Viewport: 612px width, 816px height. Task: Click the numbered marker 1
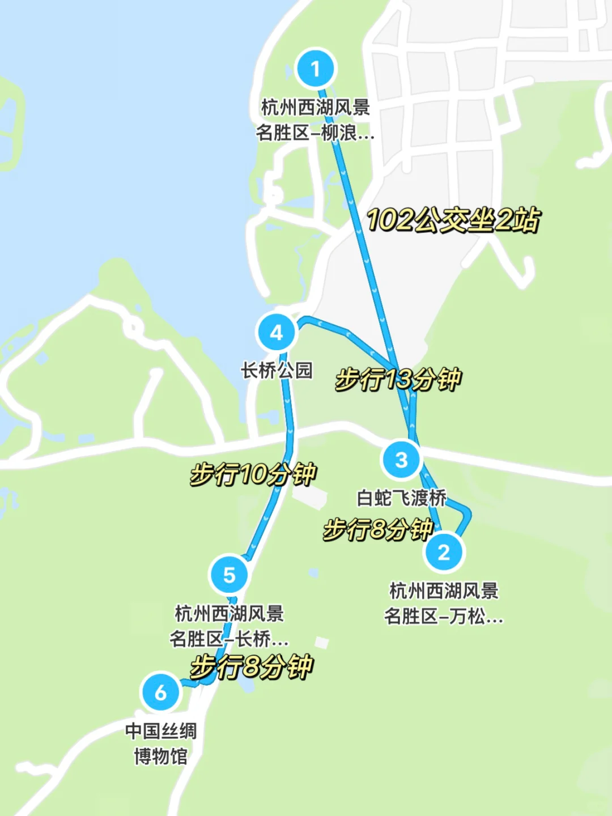(x=316, y=69)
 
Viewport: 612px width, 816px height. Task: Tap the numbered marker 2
(x=444, y=552)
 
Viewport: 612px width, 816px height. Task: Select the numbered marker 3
(x=401, y=460)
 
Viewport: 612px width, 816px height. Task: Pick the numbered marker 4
(x=277, y=332)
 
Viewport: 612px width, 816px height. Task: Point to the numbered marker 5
(x=229, y=575)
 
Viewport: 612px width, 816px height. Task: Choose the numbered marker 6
(x=161, y=692)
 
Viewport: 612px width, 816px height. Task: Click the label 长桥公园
(x=277, y=371)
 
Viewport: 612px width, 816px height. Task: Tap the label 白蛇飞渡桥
(x=401, y=498)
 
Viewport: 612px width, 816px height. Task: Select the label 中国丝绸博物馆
(x=161, y=743)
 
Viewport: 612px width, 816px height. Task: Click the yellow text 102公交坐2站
(x=453, y=220)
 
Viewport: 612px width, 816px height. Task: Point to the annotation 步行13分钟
(x=398, y=379)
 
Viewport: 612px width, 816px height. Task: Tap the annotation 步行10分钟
(x=253, y=474)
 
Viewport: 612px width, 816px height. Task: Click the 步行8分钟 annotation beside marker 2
(x=378, y=530)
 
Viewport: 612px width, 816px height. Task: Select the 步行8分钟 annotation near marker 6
(x=252, y=666)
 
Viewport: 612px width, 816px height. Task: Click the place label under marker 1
(x=316, y=120)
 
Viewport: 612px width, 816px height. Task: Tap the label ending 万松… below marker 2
(x=444, y=603)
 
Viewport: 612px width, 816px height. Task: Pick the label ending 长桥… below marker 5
(x=229, y=626)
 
